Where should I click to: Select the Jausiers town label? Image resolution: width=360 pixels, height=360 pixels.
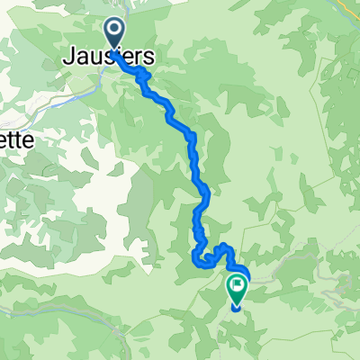(108, 56)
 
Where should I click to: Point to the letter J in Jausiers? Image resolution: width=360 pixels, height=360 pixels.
(69, 56)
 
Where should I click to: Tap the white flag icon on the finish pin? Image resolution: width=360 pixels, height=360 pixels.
(236, 284)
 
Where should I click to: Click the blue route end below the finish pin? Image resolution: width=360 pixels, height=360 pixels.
(237, 308)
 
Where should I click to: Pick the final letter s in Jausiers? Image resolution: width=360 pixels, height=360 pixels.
(148, 56)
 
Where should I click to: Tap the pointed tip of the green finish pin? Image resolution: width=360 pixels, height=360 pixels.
(236, 301)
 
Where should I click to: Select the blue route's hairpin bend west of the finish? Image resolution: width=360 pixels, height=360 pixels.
(197, 261)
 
